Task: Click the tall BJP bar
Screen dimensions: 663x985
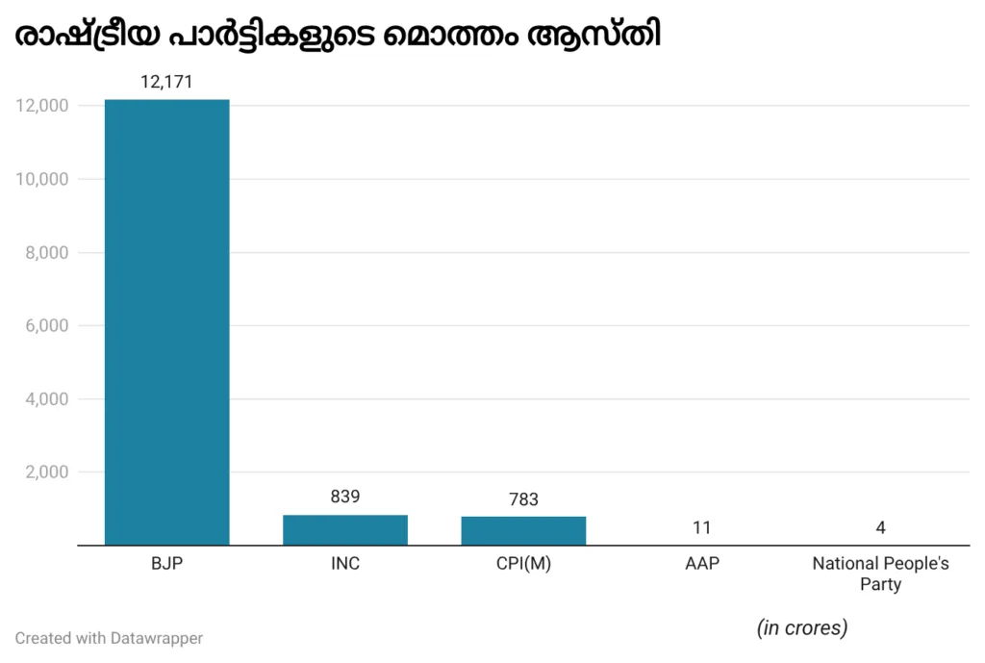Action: click(x=166, y=322)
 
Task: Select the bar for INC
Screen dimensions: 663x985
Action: click(x=344, y=530)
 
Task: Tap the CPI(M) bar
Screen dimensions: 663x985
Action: click(x=523, y=531)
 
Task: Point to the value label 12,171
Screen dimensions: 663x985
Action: click(x=166, y=83)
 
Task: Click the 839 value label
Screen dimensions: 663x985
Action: click(x=344, y=497)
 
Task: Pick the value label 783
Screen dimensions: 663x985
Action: click(x=523, y=499)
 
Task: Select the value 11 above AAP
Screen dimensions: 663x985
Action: click(x=701, y=527)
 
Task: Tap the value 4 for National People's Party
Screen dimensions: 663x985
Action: click(x=880, y=527)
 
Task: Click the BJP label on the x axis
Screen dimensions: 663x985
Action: click(x=166, y=564)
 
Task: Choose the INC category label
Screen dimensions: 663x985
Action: click(x=344, y=564)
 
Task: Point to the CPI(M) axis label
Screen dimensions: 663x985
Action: click(x=523, y=564)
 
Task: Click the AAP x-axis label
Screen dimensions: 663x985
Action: click(x=701, y=564)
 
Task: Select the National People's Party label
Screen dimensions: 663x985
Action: click(x=880, y=574)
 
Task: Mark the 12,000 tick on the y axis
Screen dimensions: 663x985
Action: click(x=41, y=106)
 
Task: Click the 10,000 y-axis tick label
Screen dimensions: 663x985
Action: click(x=41, y=179)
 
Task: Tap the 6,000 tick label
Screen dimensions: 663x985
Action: click(x=45, y=326)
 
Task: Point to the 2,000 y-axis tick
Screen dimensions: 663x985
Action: click(x=45, y=472)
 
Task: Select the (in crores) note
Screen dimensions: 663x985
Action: click(x=802, y=628)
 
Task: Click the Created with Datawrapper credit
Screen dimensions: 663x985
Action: click(x=109, y=638)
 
